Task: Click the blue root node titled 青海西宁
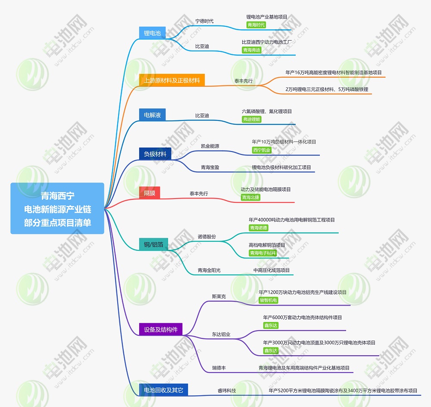point(57,208)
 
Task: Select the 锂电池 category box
point(152,33)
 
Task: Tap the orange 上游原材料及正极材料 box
point(172,80)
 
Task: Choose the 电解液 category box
point(152,115)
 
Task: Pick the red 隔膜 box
point(150,193)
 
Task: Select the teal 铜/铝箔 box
point(153,244)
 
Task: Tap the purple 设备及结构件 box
point(161,329)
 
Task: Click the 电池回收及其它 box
point(163,390)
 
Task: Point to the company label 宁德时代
point(204,21)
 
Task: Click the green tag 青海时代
point(256,25)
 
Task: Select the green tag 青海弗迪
point(252,50)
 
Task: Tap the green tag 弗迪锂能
point(252,119)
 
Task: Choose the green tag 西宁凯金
point(262,150)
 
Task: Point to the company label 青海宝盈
point(210,167)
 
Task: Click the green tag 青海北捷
point(251,197)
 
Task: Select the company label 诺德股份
point(207,237)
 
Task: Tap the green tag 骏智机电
point(269,300)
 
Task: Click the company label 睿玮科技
point(227,391)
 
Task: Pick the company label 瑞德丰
point(219,368)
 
